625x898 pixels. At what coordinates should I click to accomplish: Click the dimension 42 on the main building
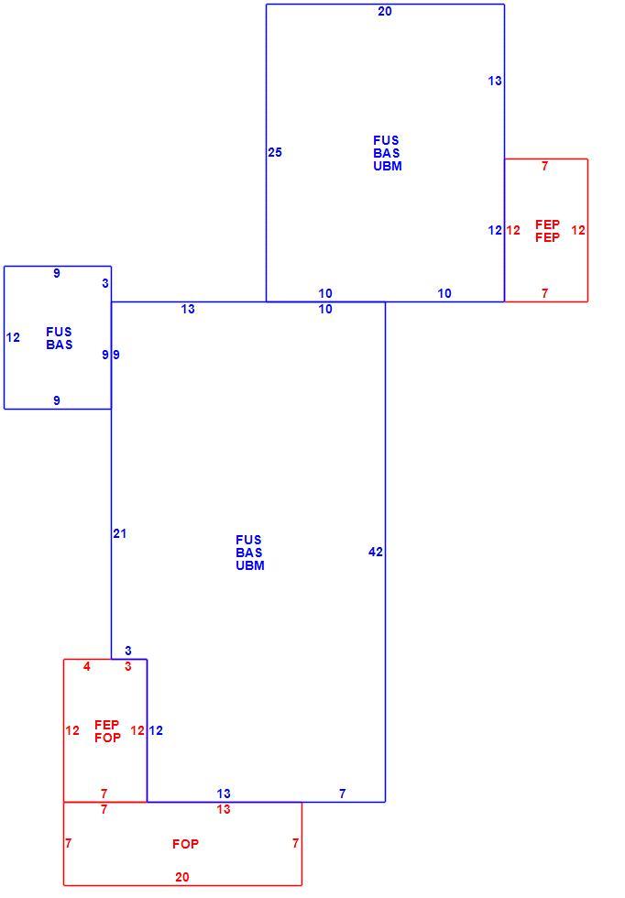pos(375,552)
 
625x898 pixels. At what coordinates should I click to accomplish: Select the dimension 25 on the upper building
pos(275,152)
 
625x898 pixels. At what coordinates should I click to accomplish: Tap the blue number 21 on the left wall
pos(119,533)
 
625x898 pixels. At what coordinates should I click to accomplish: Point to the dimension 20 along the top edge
pos(385,11)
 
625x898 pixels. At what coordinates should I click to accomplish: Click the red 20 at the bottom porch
pos(182,877)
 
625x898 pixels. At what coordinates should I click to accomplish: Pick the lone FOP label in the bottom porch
pos(186,844)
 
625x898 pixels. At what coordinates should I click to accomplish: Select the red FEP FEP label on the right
pos(548,231)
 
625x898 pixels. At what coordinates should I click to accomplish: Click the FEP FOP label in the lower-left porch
pos(108,731)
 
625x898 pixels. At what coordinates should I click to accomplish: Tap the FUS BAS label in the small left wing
pos(60,338)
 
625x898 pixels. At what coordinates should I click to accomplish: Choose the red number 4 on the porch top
pos(86,667)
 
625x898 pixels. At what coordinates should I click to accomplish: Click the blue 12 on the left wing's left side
pos(13,338)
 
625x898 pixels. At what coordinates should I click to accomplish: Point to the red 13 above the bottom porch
pos(224,809)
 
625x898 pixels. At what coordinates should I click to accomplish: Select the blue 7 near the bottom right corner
pos(343,794)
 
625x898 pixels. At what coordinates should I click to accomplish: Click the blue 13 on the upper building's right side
pos(495,82)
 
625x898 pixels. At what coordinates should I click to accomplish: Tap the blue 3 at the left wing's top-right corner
pos(105,283)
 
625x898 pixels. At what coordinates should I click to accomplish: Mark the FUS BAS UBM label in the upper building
pos(388,154)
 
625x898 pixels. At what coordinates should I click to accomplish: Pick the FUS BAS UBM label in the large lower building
pos(250,553)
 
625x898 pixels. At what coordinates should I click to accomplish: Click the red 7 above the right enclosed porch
pos(544,166)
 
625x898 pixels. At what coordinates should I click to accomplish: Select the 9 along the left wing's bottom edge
pos(57,401)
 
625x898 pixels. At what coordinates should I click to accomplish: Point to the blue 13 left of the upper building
pos(188,310)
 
